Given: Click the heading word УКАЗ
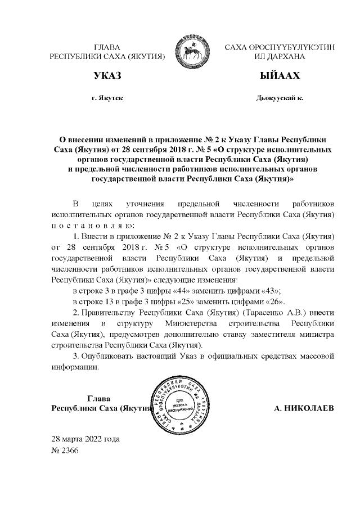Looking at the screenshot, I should (107, 76).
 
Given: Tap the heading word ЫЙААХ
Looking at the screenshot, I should (279, 76).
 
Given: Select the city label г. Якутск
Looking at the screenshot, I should (107, 98).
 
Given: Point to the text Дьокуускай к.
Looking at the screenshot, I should (279, 98).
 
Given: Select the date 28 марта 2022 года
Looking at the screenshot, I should (85, 439).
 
